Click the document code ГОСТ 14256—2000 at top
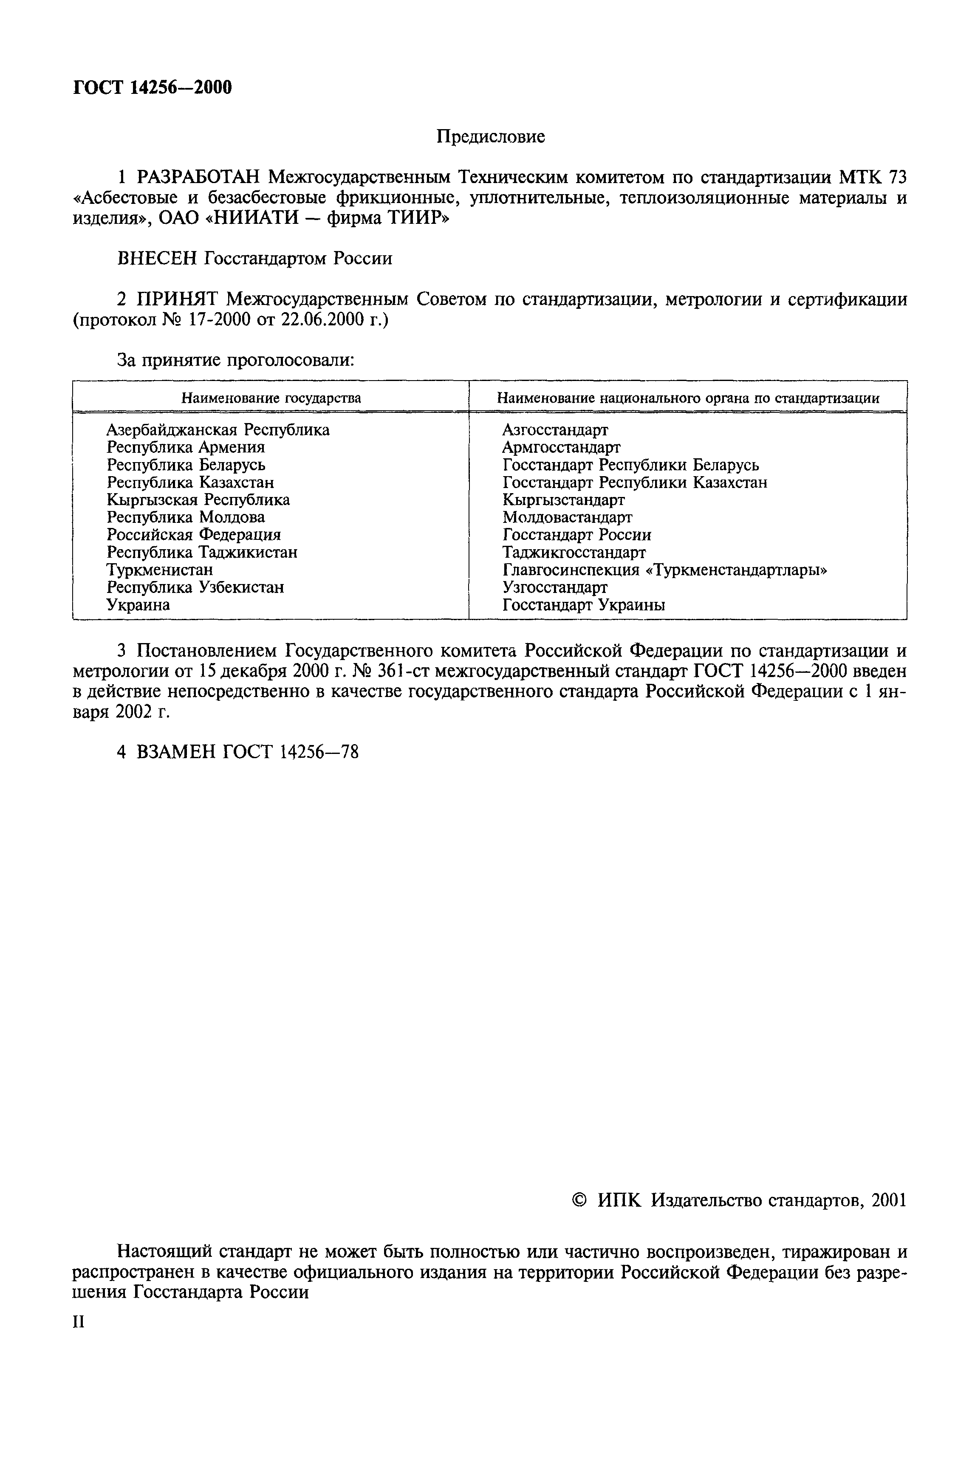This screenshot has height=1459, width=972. (x=153, y=87)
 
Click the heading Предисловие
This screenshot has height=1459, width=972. (x=490, y=136)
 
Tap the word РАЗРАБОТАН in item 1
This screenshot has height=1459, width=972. (x=200, y=178)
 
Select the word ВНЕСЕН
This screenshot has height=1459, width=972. (x=158, y=258)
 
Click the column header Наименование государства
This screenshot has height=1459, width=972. (x=271, y=398)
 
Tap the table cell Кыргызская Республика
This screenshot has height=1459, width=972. (x=198, y=500)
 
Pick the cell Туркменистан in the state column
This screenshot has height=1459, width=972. (x=159, y=570)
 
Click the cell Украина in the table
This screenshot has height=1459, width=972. (x=138, y=605)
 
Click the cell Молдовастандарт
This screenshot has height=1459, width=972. (x=567, y=517)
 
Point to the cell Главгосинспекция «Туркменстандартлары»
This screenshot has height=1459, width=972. (x=664, y=570)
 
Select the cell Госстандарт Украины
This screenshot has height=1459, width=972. (x=583, y=605)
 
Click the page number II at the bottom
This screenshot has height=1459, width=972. (x=78, y=1322)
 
